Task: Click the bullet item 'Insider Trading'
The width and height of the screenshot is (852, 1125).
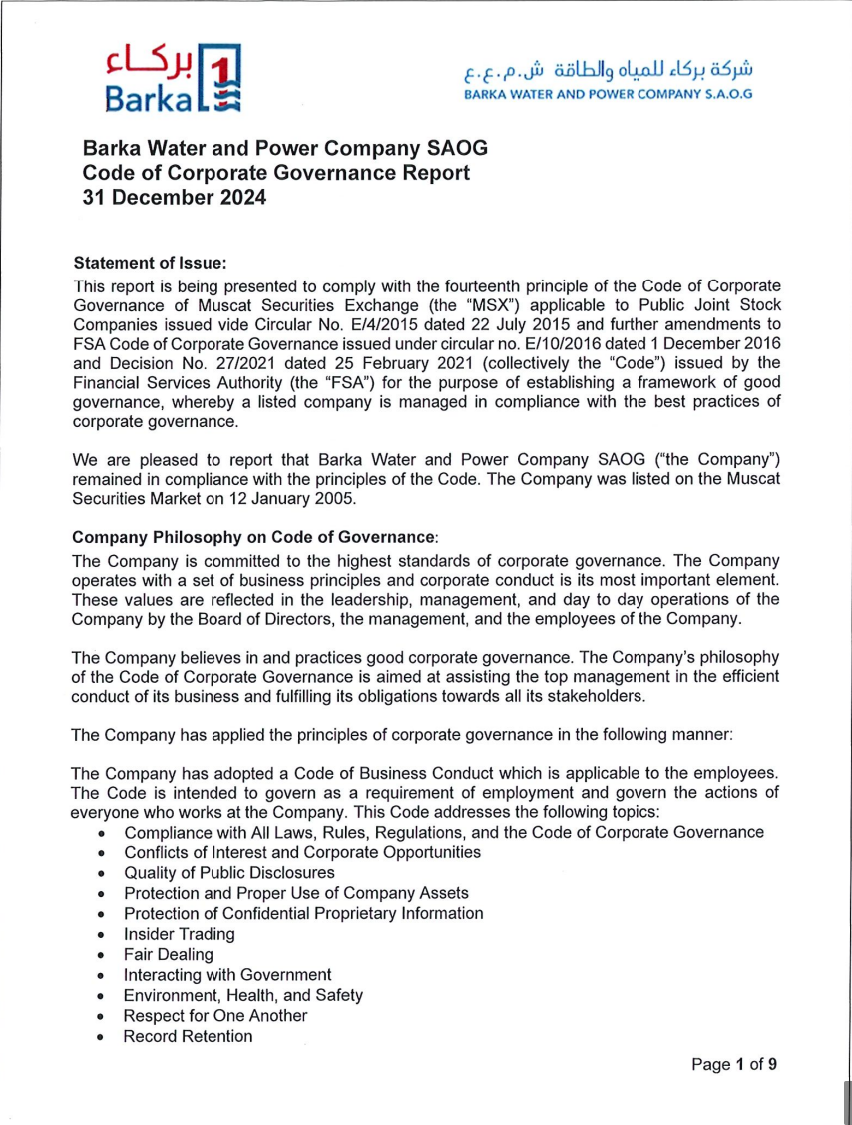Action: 180,934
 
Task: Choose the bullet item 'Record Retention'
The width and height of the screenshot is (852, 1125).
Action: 188,1036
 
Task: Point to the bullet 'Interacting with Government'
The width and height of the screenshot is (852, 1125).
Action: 227,975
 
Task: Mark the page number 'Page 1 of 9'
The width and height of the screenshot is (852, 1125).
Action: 734,1063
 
